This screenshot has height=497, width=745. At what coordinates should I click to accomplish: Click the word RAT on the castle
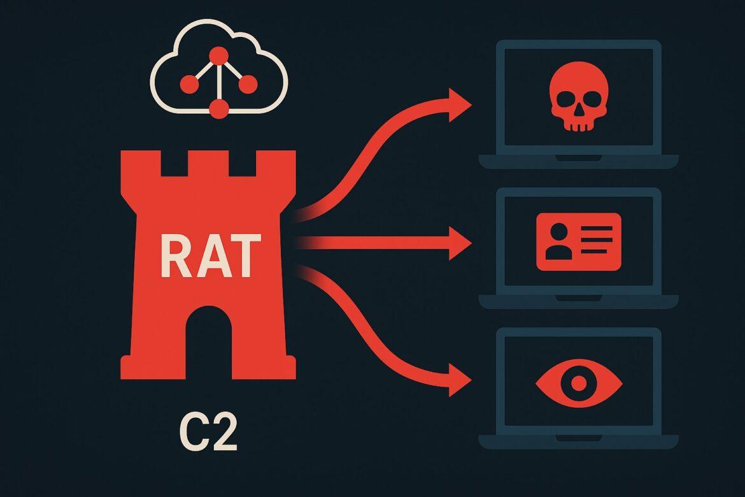pos(209,256)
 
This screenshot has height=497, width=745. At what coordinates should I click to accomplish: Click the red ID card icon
pos(578,241)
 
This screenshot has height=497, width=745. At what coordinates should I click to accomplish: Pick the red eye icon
pos(578,383)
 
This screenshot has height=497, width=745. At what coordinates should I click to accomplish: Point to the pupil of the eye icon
pos(578,383)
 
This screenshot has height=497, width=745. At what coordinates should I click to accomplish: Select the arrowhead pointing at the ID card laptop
pos(460,243)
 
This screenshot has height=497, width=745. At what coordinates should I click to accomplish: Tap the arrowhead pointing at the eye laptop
pos(460,380)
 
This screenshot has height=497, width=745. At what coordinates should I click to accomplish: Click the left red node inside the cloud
pos(188,83)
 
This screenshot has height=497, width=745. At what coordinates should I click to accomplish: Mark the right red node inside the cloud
pos(248,83)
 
